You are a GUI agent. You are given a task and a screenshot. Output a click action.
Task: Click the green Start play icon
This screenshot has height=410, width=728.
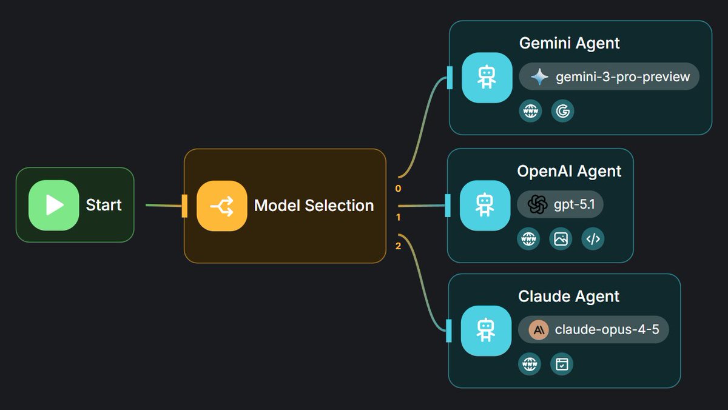tap(54, 205)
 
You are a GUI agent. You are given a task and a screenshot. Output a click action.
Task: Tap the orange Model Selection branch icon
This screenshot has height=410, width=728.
tap(222, 206)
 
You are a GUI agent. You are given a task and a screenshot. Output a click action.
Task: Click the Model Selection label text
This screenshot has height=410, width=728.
tap(314, 206)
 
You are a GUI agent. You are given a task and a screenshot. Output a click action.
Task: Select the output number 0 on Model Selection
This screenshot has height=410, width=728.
tap(398, 189)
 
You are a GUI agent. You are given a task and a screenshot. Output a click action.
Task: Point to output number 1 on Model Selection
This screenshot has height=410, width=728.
tap(398, 217)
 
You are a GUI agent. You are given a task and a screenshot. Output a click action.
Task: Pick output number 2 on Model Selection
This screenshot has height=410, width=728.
tap(398, 246)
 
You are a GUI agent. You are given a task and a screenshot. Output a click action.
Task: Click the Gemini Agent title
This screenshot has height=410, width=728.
tap(569, 43)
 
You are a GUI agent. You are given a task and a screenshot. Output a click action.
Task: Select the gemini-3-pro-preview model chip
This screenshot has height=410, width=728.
tap(609, 77)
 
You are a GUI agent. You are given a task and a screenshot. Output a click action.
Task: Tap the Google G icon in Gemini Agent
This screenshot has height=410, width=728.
tap(562, 111)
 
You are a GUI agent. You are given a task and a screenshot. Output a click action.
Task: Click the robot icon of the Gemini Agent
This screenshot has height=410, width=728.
tap(487, 78)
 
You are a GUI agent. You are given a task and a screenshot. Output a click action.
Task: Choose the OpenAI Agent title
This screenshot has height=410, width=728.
tap(569, 171)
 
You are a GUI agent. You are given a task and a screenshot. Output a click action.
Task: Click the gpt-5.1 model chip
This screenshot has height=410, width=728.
tap(560, 205)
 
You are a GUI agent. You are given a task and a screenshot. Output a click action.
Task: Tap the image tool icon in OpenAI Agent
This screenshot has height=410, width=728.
tap(561, 239)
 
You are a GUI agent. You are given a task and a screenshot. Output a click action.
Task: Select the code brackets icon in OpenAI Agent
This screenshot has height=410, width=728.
tap(593, 239)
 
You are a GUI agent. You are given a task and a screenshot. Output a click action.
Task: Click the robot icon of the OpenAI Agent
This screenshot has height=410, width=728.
tap(485, 205)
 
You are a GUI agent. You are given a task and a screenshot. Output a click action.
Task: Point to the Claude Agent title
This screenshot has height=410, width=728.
tap(568, 297)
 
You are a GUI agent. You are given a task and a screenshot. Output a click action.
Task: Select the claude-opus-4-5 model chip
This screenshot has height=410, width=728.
tap(593, 330)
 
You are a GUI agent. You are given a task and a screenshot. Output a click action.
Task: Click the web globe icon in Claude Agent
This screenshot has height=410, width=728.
tap(530, 364)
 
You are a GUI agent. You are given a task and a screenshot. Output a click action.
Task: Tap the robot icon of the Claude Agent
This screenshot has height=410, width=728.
tap(485, 331)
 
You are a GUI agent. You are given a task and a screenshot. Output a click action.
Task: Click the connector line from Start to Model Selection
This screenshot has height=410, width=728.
tap(164, 206)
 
